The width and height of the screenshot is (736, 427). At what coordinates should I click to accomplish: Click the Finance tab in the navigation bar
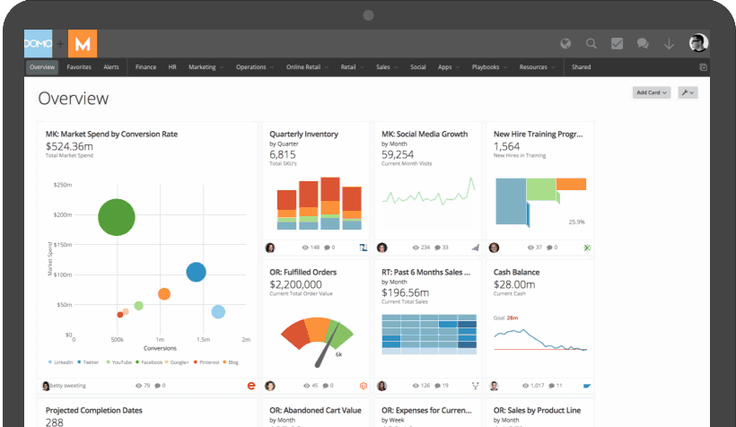point(145,67)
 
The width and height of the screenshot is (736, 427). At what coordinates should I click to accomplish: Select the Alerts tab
point(111,67)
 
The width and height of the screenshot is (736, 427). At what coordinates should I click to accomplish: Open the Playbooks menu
point(486,67)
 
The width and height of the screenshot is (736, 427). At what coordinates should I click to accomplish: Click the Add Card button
point(652,92)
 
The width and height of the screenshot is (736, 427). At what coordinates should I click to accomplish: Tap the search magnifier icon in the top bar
point(591,43)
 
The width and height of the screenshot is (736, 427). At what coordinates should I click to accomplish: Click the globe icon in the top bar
point(565,43)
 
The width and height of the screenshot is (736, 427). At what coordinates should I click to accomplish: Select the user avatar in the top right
point(698,43)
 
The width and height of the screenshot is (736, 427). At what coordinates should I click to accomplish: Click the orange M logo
point(83,43)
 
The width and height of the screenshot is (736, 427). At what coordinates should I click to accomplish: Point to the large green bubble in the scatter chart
point(117,217)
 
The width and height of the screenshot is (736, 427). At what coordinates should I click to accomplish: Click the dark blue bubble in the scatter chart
point(196,272)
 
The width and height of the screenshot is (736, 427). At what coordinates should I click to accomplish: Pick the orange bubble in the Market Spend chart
point(164,293)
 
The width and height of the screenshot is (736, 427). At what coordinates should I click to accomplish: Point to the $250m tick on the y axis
point(63,185)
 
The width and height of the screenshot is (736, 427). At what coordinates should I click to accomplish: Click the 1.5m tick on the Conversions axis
point(203,341)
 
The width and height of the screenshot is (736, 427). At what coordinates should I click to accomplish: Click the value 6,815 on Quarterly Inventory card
point(282,153)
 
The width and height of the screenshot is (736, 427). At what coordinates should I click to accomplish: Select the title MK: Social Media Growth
point(425,135)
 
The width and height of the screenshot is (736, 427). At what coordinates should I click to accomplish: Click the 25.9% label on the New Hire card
point(576,222)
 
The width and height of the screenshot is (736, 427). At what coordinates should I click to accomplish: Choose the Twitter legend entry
point(89,362)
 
